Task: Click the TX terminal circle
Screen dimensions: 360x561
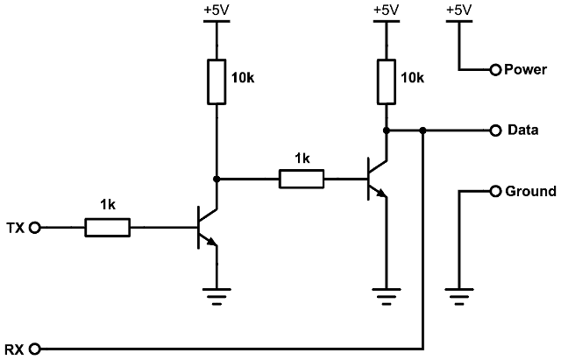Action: pyautogui.click(x=36, y=229)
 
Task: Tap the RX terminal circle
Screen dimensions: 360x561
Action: pyautogui.click(x=36, y=349)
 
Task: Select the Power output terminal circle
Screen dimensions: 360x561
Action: pyautogui.click(x=495, y=69)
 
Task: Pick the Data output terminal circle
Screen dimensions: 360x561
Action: pyautogui.click(x=495, y=131)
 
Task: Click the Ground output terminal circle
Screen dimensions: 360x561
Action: pyautogui.click(x=495, y=191)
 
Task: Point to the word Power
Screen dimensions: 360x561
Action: pyautogui.click(x=526, y=69)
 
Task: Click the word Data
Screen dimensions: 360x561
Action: pyautogui.click(x=522, y=131)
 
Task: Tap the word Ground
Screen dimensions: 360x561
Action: pyautogui.click(x=531, y=191)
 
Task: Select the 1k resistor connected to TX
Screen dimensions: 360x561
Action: pyautogui.click(x=108, y=229)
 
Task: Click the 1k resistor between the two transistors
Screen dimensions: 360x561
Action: pyautogui.click(x=302, y=180)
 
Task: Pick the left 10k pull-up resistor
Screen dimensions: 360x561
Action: pyautogui.click(x=216, y=81)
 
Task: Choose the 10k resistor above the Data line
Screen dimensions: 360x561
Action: pyautogui.click(x=386, y=81)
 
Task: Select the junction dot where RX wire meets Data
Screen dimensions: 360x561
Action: pyautogui.click(x=423, y=131)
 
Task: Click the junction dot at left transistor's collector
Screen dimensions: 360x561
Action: pyautogui.click(x=216, y=180)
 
